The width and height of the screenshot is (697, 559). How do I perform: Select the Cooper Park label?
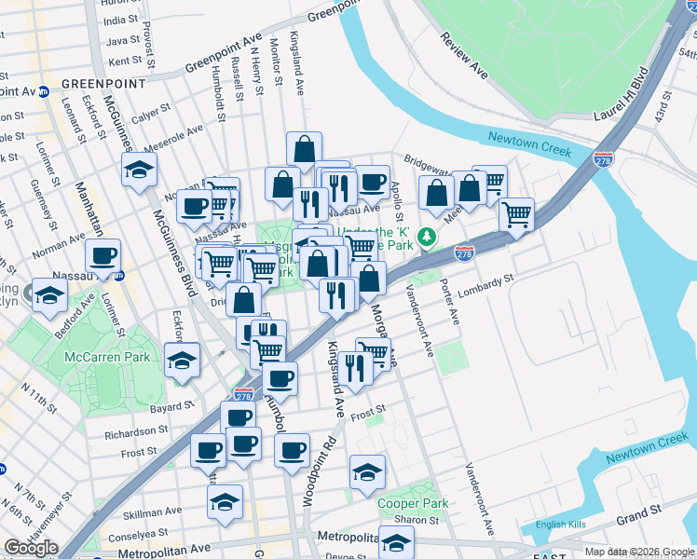[x=413, y=503]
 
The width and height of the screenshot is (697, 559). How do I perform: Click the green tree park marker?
[x=428, y=237]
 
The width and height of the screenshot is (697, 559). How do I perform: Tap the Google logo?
[x=31, y=548]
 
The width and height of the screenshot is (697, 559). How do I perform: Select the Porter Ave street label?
[x=450, y=302]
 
